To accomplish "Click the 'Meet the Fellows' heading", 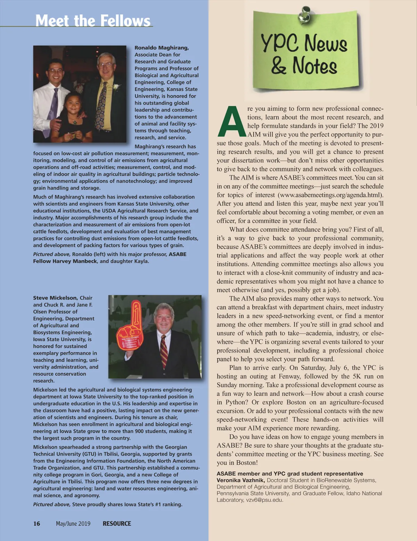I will pos(93,21).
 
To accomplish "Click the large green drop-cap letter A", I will pos(231,122).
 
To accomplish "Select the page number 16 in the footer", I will pos(37,524).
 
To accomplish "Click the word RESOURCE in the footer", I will pos(117,524).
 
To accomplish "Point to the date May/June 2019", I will pos(73,524).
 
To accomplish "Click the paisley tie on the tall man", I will pos(101,104).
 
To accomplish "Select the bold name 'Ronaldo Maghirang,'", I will pos(162,48).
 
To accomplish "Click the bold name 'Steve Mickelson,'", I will pos(55,298).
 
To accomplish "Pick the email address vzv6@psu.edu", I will pos(264,500).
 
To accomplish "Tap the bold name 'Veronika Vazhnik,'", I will pos(240,480).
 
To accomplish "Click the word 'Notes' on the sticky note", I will pos(314,66).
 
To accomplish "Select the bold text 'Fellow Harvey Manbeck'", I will pos(65,261).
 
